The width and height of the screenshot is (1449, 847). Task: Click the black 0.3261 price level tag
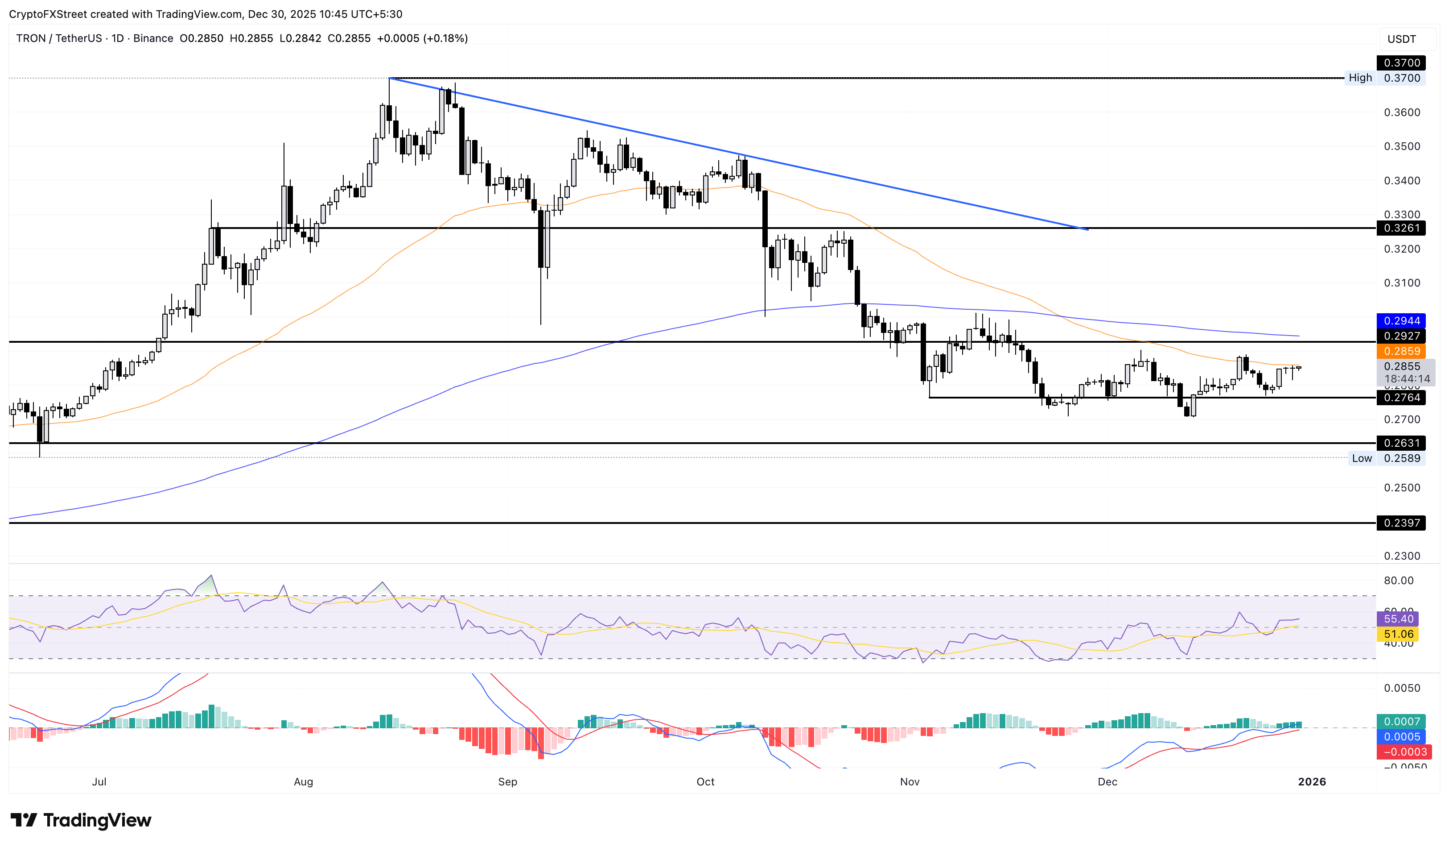coord(1401,228)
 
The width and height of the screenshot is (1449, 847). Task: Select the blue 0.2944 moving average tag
coord(1401,321)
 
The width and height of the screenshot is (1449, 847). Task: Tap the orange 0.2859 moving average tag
coord(1401,352)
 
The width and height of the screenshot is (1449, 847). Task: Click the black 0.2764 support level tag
coord(1401,398)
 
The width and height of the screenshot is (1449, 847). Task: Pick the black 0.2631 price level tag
coord(1401,443)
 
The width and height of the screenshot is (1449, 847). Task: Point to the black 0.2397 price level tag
coord(1401,523)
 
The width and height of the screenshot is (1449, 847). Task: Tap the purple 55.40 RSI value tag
coord(1397,619)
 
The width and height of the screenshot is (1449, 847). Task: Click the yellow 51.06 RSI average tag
coord(1397,634)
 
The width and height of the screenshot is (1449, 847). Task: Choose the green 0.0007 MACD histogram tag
coord(1401,722)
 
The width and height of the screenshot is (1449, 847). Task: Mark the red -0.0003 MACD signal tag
coord(1401,752)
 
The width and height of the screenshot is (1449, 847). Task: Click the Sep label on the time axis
coord(507,782)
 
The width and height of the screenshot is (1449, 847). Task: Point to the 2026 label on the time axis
coord(1312,782)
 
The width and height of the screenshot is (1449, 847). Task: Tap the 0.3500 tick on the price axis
coord(1401,146)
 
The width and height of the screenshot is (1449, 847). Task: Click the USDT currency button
coord(1401,39)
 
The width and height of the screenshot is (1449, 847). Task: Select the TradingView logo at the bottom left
coord(81,820)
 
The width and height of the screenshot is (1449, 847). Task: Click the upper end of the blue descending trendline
coord(390,78)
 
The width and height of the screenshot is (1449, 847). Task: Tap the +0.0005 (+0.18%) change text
coord(422,38)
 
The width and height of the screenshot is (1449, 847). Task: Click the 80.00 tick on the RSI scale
coord(1398,581)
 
